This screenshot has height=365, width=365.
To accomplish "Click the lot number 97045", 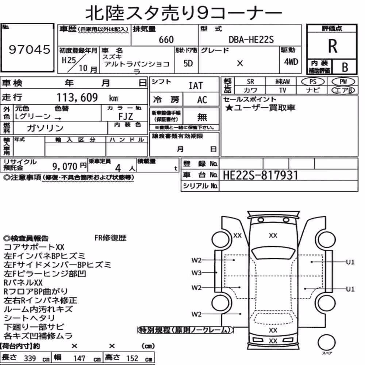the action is point(29,49).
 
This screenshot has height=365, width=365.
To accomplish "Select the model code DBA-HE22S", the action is point(251,39).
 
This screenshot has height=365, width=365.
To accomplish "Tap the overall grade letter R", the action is point(333,46).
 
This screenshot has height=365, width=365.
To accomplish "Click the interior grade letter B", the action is point(345,67).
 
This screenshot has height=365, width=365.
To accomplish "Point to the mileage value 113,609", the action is point(77,97).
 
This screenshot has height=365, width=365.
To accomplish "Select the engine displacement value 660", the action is point(166,39).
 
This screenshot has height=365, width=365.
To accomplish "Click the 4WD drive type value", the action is point(291,62).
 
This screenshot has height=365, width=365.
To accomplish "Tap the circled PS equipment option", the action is point(313,82).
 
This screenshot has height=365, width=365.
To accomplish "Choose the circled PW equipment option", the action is point(343,82).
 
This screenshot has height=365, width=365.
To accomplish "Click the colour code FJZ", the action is point(126,116).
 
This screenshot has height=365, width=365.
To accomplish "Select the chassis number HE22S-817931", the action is point(261,175).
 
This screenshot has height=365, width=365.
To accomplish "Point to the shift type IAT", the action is point(196,86).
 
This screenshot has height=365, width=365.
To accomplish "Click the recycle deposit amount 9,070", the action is point(65,166).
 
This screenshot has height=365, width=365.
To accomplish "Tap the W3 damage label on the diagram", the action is point(196,273).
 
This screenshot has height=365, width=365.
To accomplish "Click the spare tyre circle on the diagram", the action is point(327,342).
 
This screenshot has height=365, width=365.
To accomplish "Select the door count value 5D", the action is point(188,63).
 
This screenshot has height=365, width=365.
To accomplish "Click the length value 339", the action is point(30,358).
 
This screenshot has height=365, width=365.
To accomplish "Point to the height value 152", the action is point(132,358).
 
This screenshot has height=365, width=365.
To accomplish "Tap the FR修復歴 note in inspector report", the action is point(110,238).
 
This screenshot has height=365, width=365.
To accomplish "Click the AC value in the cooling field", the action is point(202,100).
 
